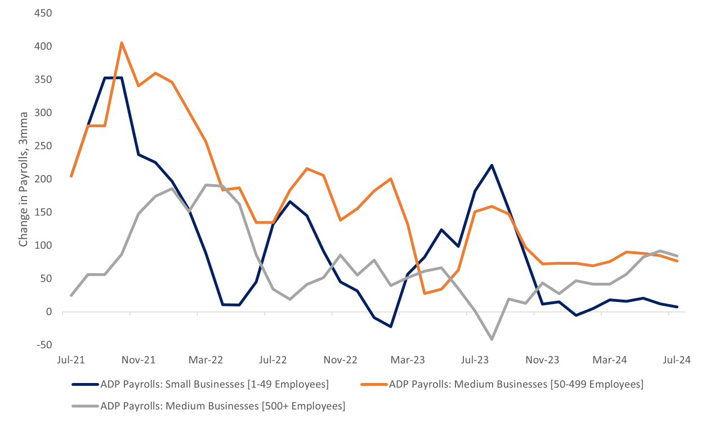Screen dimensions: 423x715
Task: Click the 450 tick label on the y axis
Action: tap(44, 13)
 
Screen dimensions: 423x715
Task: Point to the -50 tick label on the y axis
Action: tap(44, 345)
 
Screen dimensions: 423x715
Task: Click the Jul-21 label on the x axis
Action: tap(71, 359)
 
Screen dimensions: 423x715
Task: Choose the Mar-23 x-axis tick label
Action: tap(408, 359)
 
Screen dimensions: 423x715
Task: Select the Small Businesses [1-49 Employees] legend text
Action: tap(214, 385)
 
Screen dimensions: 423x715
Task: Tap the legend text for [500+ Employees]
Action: tap(222, 406)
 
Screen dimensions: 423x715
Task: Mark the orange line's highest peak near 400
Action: tap(122, 43)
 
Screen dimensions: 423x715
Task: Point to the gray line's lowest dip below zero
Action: tap(492, 339)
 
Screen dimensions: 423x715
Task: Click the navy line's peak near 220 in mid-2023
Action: tap(492, 165)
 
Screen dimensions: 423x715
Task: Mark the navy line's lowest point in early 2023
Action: tap(391, 326)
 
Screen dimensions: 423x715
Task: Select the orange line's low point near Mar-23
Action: tap(424, 293)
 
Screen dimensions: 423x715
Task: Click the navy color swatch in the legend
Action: tap(84, 385)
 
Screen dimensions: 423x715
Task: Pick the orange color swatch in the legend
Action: tap(374, 385)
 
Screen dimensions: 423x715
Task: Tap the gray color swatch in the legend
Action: tap(84, 406)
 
